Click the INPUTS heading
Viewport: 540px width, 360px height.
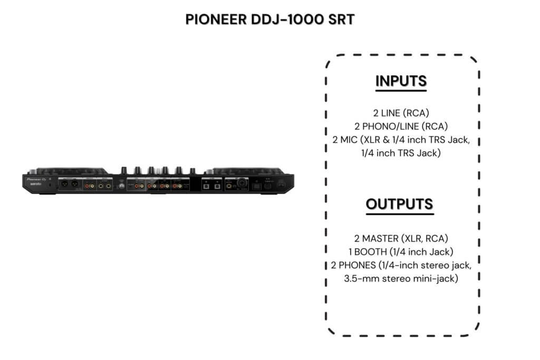[x=401, y=81]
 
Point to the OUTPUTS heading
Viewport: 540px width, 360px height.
[x=400, y=204]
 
